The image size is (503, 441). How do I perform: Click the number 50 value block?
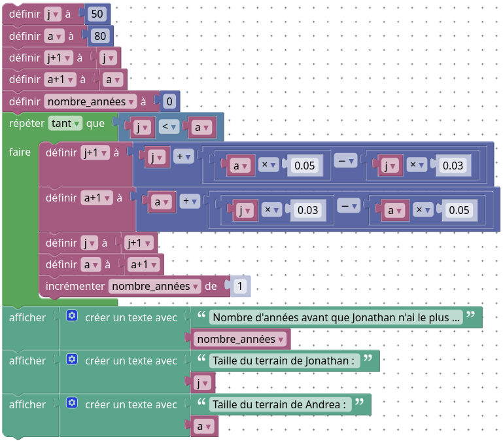tap(97, 14)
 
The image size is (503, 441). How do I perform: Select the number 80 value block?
tap(100, 36)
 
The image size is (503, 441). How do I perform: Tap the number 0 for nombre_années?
tap(169, 101)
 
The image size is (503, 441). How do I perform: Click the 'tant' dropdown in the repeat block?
tap(65, 123)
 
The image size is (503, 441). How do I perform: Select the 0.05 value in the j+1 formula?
tap(305, 166)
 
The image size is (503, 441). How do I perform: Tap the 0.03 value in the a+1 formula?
tap(307, 210)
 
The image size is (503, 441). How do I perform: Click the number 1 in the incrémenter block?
tap(240, 286)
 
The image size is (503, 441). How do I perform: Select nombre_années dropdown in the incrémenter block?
tap(154, 286)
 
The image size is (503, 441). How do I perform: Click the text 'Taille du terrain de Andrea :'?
tap(279, 404)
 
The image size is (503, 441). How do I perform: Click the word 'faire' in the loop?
tap(20, 152)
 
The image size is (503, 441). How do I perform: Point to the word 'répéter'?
tap(27, 123)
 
